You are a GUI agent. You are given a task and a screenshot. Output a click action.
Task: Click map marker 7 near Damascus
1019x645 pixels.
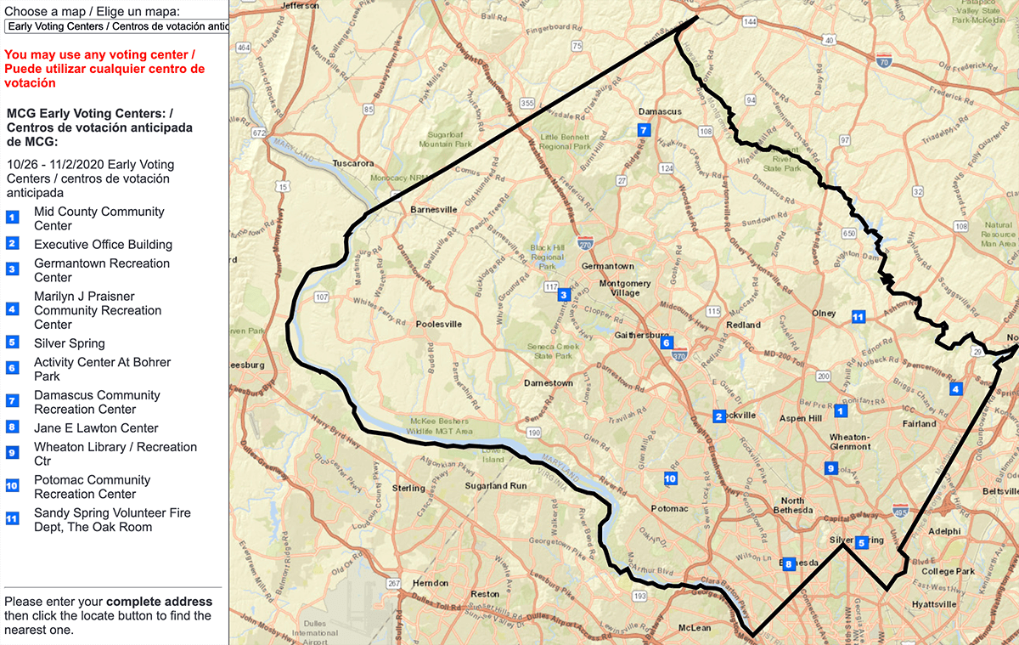[644, 130]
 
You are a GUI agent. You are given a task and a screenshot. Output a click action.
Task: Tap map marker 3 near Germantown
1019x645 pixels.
[563, 295]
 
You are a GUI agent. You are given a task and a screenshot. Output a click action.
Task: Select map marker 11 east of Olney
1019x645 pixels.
[858, 317]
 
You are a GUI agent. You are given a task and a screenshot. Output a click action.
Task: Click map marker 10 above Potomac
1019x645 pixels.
[670, 479]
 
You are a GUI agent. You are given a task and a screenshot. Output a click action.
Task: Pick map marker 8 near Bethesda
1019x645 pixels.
[788, 564]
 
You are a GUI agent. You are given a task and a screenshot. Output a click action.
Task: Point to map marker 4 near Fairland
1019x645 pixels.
[955, 389]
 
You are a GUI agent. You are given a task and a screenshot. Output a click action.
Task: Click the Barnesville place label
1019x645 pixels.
[433, 209]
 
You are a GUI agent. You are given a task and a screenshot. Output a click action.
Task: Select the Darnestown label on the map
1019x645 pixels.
[548, 383]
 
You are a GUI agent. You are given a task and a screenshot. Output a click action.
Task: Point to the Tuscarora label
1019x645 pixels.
[353, 163]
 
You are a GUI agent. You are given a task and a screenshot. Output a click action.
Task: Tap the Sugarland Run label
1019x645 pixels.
[496, 487]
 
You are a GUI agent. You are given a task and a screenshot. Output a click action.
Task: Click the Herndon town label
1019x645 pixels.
[430, 584]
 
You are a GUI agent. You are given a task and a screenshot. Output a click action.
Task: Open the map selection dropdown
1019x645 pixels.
[116, 25]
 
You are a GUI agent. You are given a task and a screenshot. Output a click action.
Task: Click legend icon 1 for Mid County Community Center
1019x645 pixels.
[12, 218]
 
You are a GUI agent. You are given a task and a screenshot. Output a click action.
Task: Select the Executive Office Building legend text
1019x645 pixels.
[103, 245]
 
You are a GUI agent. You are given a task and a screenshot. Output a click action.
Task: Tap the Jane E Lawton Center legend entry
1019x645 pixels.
[96, 428]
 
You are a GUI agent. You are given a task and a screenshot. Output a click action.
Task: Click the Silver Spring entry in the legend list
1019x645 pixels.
[70, 343]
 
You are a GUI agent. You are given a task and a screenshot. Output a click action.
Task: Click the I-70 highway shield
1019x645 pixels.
[884, 61]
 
